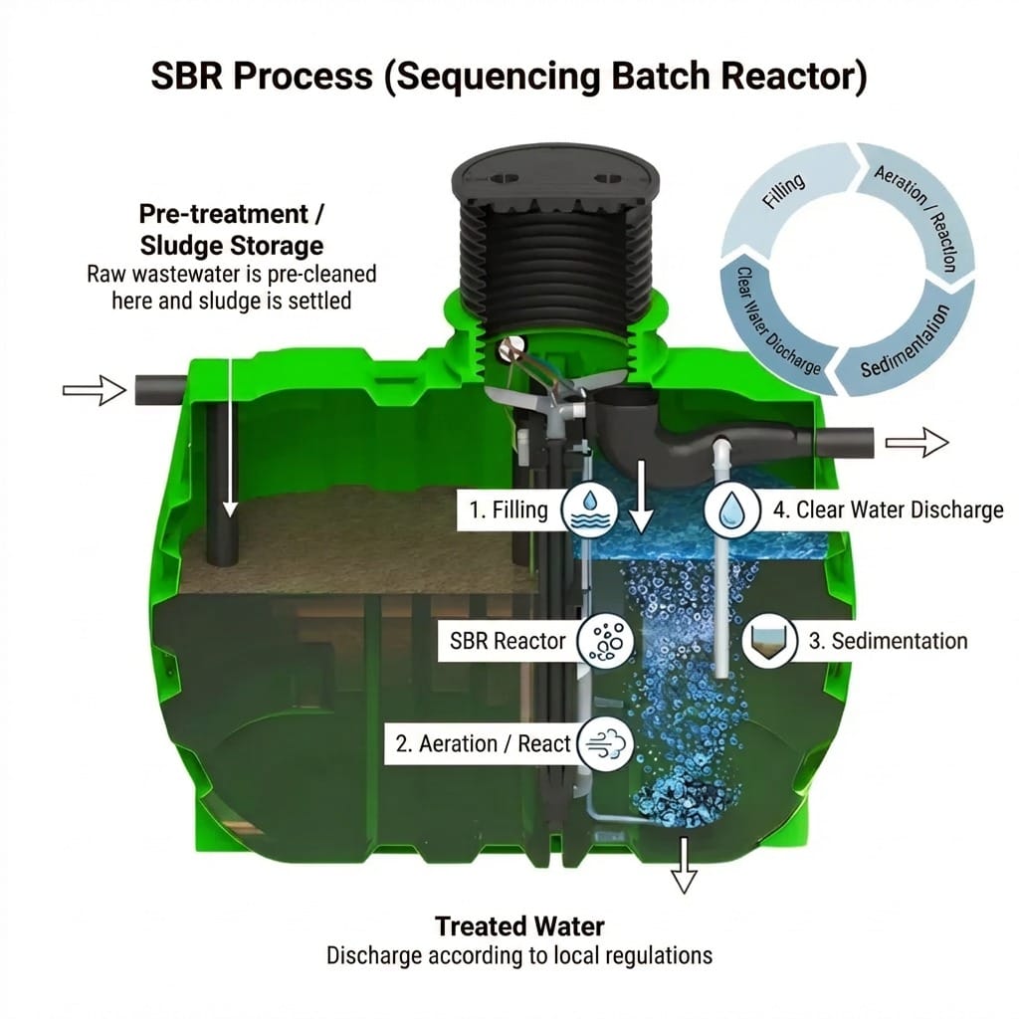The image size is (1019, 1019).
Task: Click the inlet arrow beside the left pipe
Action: pos(96,391)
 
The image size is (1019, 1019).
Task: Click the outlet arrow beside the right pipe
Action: pos(917,442)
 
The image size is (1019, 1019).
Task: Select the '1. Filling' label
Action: pos(509,510)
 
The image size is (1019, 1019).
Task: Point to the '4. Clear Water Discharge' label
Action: pos(888,510)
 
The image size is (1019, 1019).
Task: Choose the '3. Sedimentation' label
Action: pos(888,640)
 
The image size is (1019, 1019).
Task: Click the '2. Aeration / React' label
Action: pos(483,743)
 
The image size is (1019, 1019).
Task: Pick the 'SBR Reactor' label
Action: pos(508,641)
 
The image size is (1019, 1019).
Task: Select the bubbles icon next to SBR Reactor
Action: pos(606,641)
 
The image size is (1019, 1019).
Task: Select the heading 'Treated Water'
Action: pos(519,925)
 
